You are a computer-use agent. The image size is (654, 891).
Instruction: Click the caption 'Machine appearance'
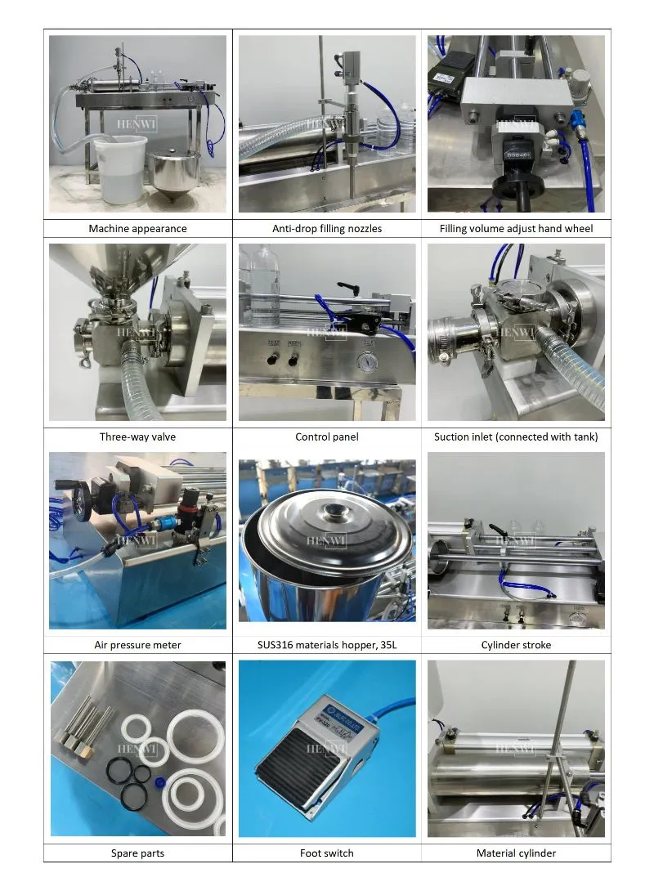(x=137, y=229)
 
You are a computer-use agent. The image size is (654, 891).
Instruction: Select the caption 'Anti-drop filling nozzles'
(x=327, y=229)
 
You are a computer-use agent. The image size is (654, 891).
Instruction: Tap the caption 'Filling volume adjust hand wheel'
(x=516, y=229)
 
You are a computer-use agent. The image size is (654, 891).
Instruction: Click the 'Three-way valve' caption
(x=137, y=437)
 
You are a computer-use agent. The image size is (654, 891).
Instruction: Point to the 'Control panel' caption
(x=327, y=437)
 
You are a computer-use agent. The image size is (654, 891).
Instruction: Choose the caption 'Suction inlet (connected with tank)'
(x=516, y=437)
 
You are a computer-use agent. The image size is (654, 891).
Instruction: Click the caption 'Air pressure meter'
(x=137, y=645)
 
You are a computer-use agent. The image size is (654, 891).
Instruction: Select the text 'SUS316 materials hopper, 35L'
(x=327, y=645)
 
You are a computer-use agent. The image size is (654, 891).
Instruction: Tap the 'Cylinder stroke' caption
(x=516, y=645)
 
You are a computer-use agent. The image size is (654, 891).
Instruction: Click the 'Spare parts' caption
(x=137, y=853)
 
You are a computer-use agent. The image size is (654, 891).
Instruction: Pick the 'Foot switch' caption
(x=327, y=853)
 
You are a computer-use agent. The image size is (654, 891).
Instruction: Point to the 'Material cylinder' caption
(x=516, y=853)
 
